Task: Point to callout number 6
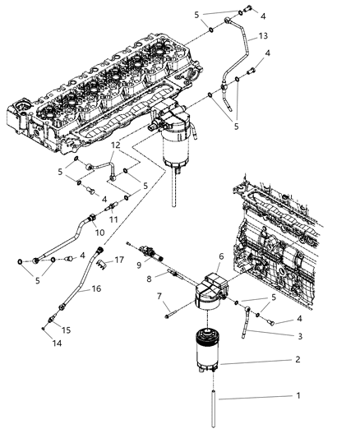[220, 257]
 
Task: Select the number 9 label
[140, 265]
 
